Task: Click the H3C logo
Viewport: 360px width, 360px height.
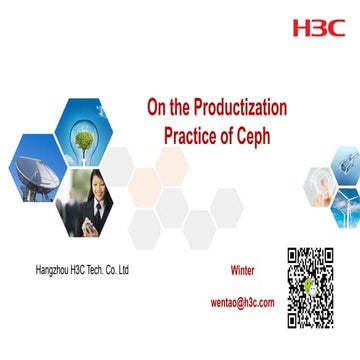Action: pos(318,27)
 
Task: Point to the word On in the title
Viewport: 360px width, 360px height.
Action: pos(158,106)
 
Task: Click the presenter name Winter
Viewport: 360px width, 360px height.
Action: pos(243,271)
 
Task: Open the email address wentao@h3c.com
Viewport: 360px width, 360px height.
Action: pos(242,301)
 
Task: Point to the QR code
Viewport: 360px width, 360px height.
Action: pos(309,287)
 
